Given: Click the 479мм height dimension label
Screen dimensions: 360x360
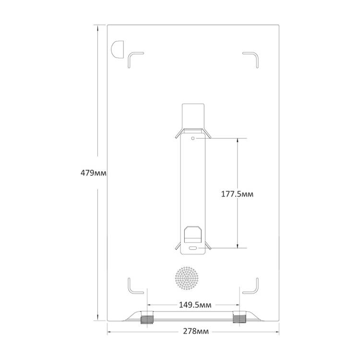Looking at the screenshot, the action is click(x=94, y=173).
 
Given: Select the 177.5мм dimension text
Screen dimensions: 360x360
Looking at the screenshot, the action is click(x=237, y=194).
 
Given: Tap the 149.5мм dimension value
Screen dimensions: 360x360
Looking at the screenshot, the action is click(x=195, y=305).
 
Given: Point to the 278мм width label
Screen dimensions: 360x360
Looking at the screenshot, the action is click(x=196, y=331).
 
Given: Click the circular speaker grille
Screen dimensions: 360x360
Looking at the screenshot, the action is click(x=187, y=278).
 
